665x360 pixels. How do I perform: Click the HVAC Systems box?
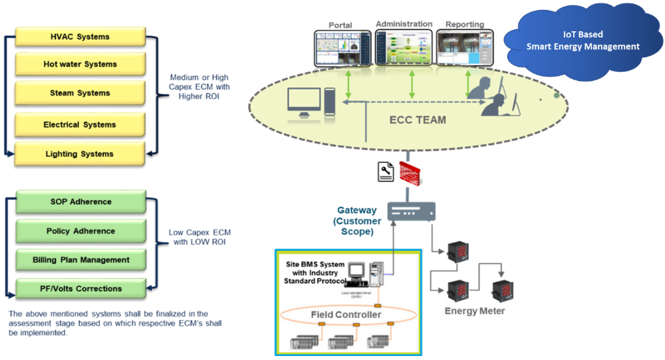[80, 37]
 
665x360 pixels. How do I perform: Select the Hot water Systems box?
[80, 65]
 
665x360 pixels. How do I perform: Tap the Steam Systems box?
[80, 93]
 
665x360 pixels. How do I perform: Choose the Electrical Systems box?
[80, 124]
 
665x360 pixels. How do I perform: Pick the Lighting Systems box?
[80, 154]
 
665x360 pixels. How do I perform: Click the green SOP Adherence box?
[80, 202]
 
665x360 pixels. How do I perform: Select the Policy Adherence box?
[80, 231]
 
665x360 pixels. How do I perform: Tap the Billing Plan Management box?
[80, 260]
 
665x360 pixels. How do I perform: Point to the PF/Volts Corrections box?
[80, 289]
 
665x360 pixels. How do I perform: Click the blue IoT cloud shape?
[583, 42]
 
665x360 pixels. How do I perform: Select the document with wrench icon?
[386, 172]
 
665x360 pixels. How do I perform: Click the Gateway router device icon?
[411, 212]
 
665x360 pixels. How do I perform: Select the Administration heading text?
[404, 24]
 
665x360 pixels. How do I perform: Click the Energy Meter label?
[474, 311]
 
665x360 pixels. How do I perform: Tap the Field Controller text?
[346, 314]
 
